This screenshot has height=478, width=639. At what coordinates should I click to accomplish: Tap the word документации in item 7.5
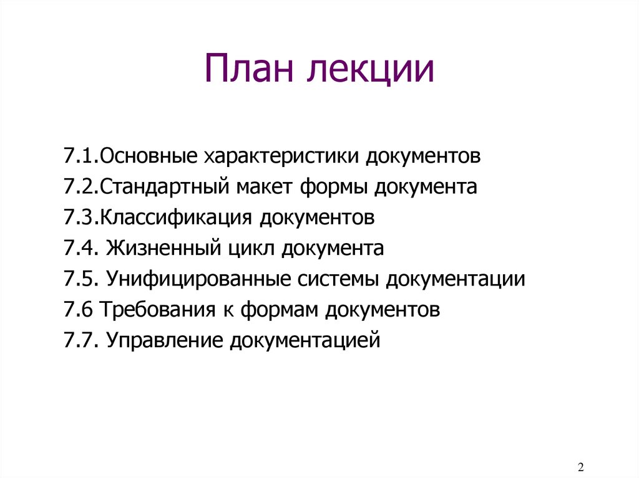click(455, 280)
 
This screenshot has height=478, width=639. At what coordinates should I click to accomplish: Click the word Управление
click(165, 340)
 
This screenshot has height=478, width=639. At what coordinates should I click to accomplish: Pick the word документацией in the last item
click(305, 342)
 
